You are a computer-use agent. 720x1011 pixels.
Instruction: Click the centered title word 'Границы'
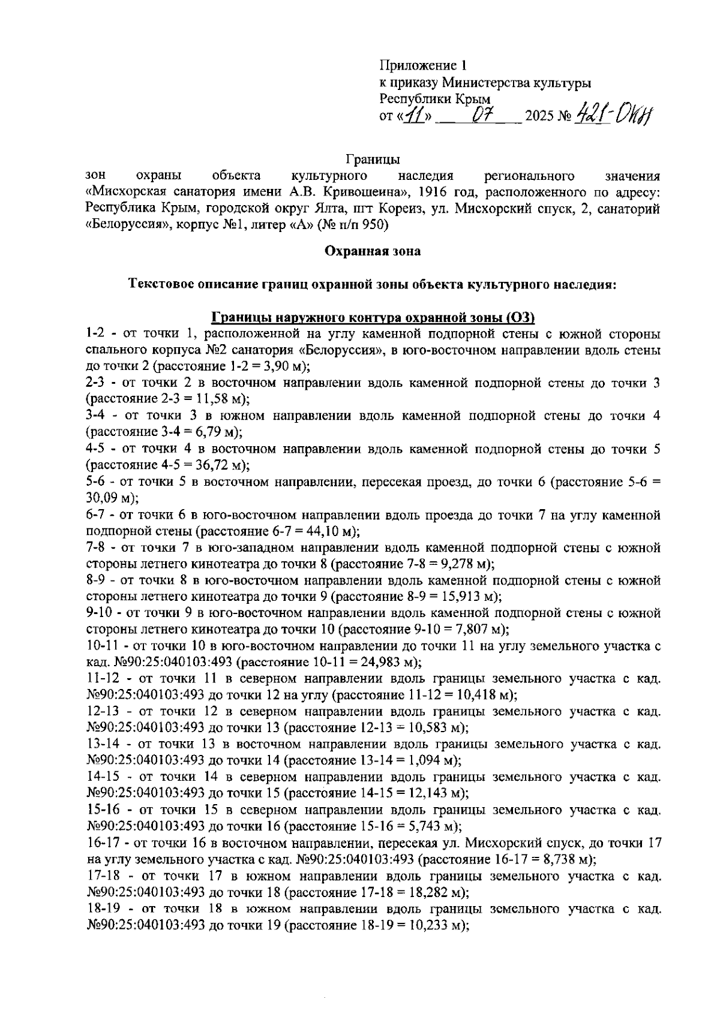coord(373,160)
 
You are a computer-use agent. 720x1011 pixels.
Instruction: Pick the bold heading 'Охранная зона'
coord(373,251)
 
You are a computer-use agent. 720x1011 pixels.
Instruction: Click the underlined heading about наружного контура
coord(373,317)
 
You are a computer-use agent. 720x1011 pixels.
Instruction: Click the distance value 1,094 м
coord(430,761)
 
